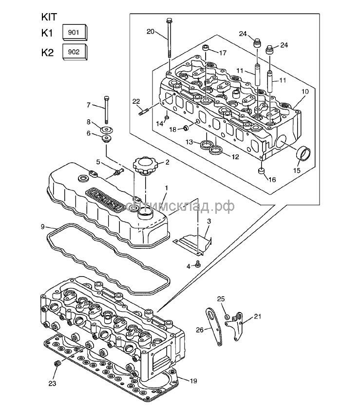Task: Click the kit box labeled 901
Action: [75, 33]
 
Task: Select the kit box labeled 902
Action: [75, 52]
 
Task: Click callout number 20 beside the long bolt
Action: [150, 32]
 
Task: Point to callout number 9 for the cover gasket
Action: [42, 226]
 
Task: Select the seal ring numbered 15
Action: [304, 154]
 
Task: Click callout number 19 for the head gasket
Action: [193, 381]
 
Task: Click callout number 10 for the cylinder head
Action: [305, 92]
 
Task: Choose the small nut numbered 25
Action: [227, 317]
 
